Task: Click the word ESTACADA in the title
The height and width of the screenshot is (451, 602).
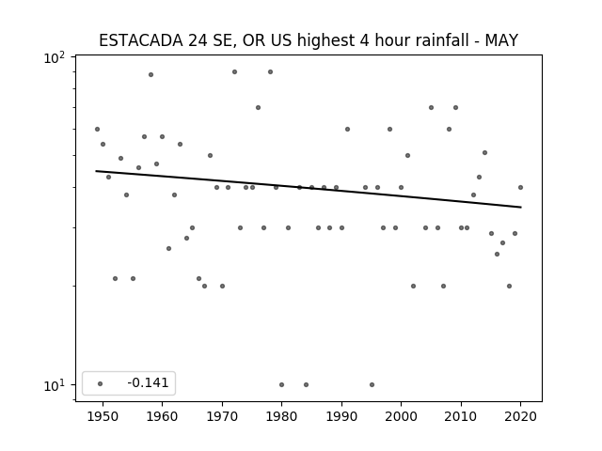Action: pos(141,40)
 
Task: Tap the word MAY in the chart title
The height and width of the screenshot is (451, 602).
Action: pos(501,40)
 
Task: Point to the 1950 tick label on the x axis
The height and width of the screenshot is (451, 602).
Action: pos(103,416)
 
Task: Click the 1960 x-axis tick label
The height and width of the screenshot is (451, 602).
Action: pos(162,416)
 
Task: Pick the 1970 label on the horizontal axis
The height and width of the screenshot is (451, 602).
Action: pos(222,416)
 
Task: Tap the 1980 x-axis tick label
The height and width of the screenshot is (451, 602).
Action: pos(281,416)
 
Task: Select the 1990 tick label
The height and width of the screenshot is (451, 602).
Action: pos(341,416)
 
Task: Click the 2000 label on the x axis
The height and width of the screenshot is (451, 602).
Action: pos(401,416)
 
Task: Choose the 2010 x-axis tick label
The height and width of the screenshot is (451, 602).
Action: pos(461,416)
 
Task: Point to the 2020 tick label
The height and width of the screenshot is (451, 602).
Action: pos(520,416)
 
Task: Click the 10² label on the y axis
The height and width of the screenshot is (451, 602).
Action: pos(55,58)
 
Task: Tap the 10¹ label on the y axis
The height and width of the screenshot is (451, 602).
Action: pos(55,386)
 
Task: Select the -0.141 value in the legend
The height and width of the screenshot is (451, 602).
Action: pos(148,382)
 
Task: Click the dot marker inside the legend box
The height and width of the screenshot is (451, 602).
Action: pos(100,383)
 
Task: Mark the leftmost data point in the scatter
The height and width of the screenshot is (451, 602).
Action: pos(97,130)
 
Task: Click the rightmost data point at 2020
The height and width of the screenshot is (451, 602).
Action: pos(520,188)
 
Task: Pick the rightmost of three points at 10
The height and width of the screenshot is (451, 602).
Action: pos(372,384)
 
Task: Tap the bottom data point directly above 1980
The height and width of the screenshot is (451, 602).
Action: pos(282,384)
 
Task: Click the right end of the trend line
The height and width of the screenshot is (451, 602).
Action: pos(521,207)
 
